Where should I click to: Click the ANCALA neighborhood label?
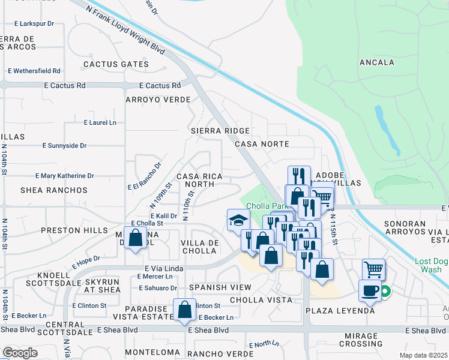point(376,62)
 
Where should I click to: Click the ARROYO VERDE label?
point(158,100)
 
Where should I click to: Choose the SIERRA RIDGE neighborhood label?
point(219,130)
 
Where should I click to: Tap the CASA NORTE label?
point(262,145)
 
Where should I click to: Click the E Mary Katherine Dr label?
point(65,176)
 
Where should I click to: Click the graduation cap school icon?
point(238,220)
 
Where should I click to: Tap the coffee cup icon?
point(370,290)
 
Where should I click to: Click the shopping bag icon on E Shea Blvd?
point(184,310)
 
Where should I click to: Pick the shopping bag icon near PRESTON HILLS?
point(136,238)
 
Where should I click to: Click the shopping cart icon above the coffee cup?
point(373,270)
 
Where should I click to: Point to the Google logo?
point(20,353)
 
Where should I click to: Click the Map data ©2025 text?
point(423,355)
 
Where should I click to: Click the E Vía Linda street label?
point(163,268)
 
